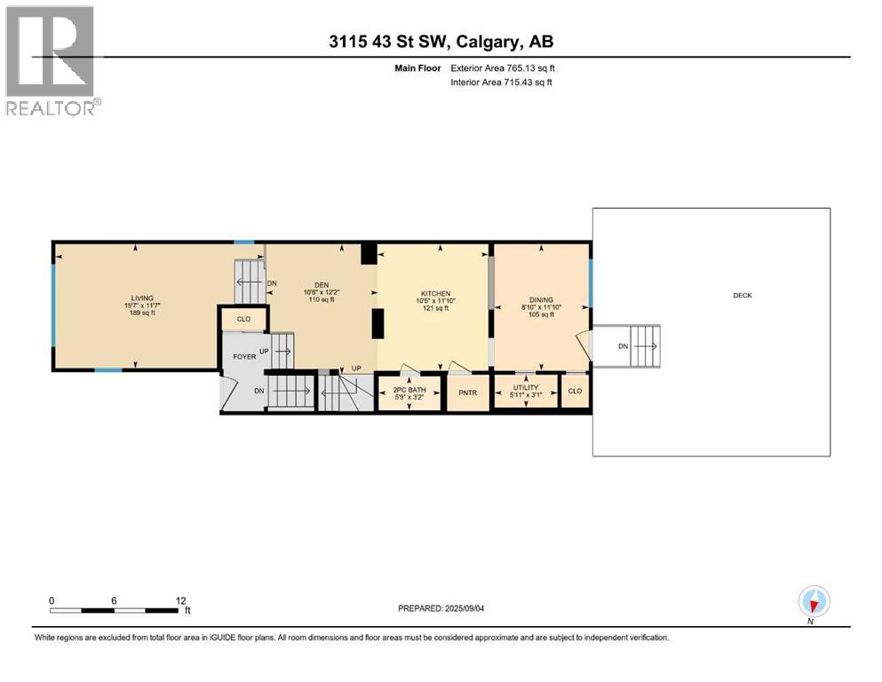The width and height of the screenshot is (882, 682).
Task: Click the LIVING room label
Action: (x=142, y=298)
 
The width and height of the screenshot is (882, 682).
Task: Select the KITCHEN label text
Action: (x=435, y=294)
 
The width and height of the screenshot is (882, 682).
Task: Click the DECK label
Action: (x=742, y=295)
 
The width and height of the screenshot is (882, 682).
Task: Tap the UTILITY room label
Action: (x=526, y=388)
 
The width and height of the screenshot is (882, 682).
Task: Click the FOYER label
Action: (x=244, y=356)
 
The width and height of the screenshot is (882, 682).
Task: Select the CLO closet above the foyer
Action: (x=243, y=318)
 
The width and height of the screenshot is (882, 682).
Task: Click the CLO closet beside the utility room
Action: (x=575, y=390)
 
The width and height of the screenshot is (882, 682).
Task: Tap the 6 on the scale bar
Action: (x=115, y=600)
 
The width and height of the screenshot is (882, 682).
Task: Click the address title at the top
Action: (x=440, y=42)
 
